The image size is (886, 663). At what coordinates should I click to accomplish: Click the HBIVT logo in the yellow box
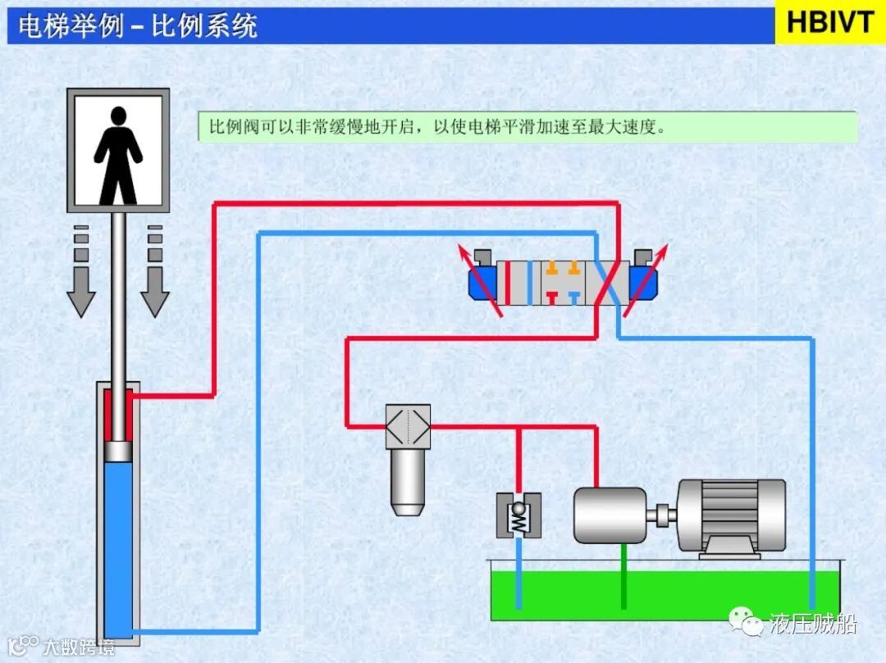[830, 22]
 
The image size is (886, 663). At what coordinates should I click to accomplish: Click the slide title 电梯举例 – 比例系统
[138, 25]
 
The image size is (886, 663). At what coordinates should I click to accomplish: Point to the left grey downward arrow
[80, 270]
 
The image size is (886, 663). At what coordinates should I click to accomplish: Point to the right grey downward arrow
[154, 270]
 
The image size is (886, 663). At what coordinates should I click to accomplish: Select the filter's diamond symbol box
[408, 425]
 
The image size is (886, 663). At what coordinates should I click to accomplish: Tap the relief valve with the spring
[518, 515]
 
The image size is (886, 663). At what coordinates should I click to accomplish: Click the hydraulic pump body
[610, 515]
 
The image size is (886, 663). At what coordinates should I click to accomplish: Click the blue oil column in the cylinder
[120, 541]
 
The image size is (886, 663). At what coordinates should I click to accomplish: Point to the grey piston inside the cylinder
[119, 450]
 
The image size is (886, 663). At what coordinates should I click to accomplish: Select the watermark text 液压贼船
[813, 624]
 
